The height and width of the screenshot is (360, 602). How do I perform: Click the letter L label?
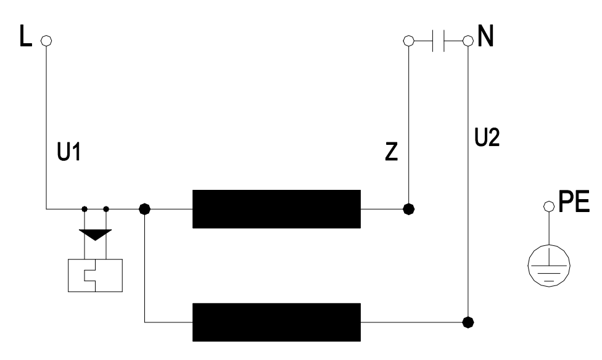pyautogui.click(x=25, y=36)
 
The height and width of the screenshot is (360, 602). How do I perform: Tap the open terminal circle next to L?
pyautogui.click(x=46, y=40)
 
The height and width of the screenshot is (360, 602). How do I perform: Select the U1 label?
pyautogui.click(x=69, y=152)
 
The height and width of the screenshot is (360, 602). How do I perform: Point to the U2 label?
pyautogui.click(x=487, y=137)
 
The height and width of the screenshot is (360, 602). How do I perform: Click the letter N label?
pyautogui.click(x=485, y=36)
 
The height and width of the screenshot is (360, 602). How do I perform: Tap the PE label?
pyautogui.click(x=574, y=202)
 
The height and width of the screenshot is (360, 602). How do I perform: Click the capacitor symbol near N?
pyautogui.click(x=439, y=40)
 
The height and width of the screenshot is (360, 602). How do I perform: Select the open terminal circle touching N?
pyautogui.click(x=468, y=40)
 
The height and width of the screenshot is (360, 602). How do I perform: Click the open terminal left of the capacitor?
pyautogui.click(x=409, y=40)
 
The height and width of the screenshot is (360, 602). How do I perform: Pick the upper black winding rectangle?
pyautogui.click(x=276, y=209)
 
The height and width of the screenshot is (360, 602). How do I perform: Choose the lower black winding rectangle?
pyautogui.click(x=276, y=322)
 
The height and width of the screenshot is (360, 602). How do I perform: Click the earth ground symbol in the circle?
pyautogui.click(x=549, y=266)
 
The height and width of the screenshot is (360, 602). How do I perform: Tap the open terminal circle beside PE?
pyautogui.click(x=549, y=207)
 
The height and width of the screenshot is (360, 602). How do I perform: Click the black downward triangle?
pyautogui.click(x=95, y=235)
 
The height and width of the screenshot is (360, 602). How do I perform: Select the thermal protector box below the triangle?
pyautogui.click(x=95, y=276)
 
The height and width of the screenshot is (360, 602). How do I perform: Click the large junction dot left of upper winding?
pyautogui.click(x=144, y=209)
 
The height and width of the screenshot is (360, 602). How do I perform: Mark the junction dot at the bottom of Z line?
pyautogui.click(x=409, y=209)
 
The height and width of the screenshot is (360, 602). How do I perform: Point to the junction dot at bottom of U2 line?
pyautogui.click(x=468, y=322)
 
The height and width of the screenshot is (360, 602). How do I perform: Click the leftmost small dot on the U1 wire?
pyautogui.click(x=85, y=209)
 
